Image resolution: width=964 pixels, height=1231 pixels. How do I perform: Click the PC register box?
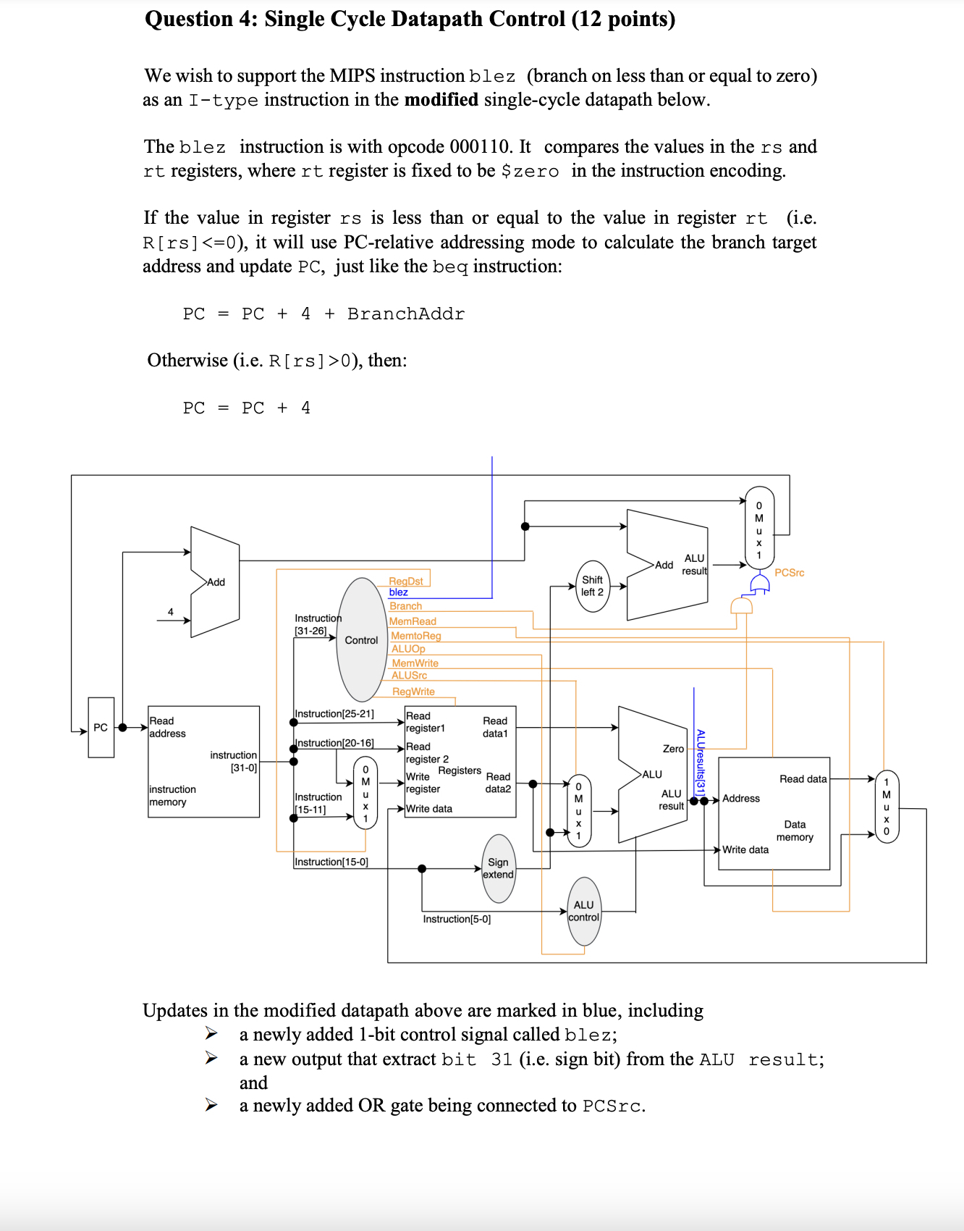[x=101, y=727]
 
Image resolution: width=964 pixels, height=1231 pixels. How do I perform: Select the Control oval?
[x=361, y=640]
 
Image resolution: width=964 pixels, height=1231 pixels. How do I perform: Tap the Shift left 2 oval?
[x=592, y=586]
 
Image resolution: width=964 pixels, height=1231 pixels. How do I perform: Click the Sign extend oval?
[x=498, y=868]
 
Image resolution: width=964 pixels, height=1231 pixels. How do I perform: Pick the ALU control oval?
[x=584, y=911]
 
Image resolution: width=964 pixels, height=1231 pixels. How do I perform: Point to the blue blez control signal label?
[x=398, y=592]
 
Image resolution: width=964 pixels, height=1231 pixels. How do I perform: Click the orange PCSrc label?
[x=789, y=573]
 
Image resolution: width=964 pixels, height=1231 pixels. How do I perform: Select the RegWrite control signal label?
[x=413, y=692]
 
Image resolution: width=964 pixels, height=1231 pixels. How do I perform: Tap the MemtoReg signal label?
[x=416, y=636]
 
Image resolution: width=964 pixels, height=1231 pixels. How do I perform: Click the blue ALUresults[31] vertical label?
[x=700, y=762]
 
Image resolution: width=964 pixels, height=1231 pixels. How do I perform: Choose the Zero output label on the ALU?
[x=673, y=749]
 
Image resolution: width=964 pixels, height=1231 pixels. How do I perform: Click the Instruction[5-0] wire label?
[x=457, y=919]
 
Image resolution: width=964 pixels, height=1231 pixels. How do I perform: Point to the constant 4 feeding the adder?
[x=171, y=612]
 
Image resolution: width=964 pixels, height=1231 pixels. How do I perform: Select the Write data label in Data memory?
[x=745, y=849]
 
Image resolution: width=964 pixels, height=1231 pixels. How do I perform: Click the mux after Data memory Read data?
[x=886, y=807]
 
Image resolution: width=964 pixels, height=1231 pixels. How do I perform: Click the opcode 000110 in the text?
[x=480, y=147]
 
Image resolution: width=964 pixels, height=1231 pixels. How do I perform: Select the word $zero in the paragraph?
[x=530, y=172]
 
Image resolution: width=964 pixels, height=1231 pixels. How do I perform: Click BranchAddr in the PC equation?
[x=406, y=314]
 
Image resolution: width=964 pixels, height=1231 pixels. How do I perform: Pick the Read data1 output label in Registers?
[x=495, y=727]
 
